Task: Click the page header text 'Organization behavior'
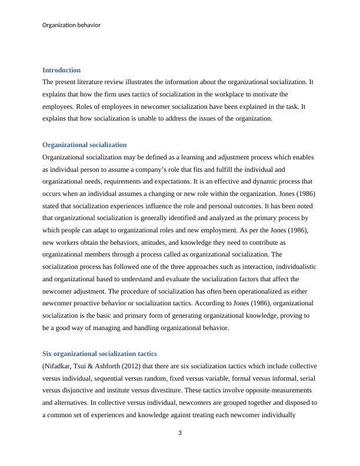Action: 71,25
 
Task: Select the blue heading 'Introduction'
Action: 61,70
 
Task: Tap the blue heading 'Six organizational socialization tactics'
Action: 99,354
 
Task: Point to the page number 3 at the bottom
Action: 180,434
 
